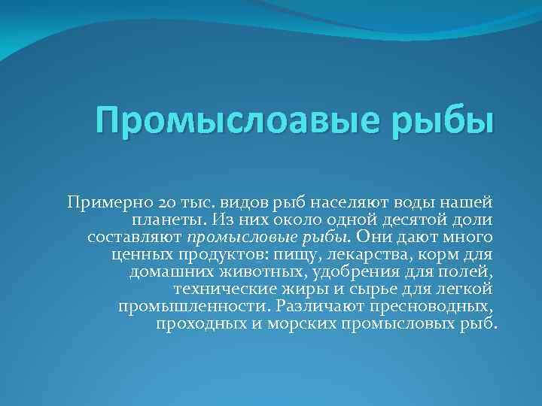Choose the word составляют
134,237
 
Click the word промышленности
193,306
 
